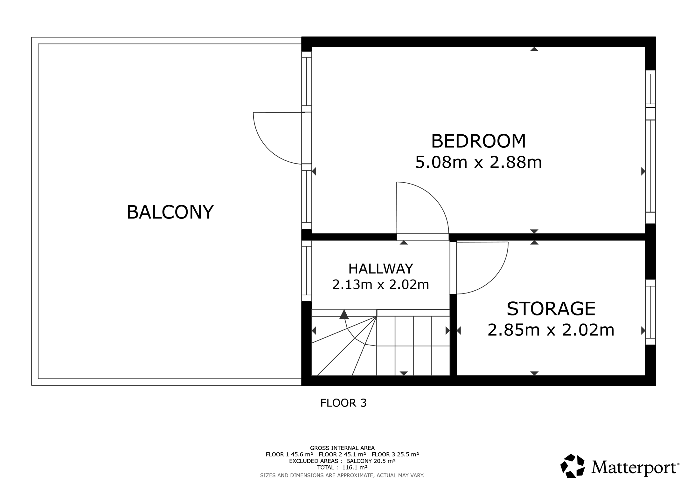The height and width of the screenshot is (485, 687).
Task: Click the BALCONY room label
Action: click(170, 212)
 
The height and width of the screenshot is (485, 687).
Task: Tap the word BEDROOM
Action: click(478, 141)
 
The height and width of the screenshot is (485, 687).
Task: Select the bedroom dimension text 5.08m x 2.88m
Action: click(478, 162)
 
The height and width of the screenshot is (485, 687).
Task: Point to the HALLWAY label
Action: click(380, 269)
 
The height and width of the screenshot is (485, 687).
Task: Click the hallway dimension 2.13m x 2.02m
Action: click(380, 284)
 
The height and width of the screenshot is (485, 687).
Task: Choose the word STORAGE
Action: click(551, 308)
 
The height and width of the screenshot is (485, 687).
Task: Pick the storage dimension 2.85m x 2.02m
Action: click(551, 330)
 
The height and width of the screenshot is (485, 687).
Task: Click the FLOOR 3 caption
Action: click(343, 403)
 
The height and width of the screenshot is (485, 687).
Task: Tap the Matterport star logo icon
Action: click(572, 466)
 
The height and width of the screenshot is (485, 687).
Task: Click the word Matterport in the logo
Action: click(635, 467)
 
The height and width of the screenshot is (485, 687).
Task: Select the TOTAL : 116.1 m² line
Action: click(342, 467)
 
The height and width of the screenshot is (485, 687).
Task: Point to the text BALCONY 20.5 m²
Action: click(371, 461)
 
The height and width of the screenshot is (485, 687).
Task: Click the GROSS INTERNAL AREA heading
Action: click(342, 448)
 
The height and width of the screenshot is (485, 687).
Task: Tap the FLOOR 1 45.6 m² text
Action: click(289, 455)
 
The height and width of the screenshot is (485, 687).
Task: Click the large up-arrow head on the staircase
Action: click(344, 314)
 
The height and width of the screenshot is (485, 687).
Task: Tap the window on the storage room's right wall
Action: click(650, 312)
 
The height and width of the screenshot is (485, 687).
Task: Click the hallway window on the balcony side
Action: click(307, 271)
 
